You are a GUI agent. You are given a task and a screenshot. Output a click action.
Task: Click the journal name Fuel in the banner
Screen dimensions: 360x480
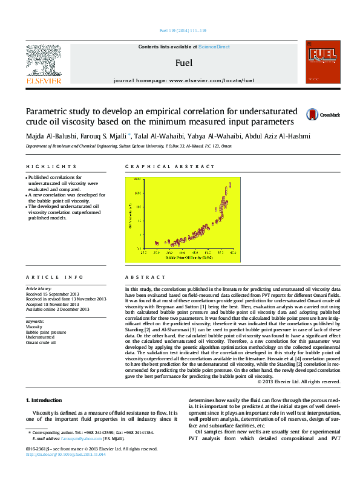[184, 62]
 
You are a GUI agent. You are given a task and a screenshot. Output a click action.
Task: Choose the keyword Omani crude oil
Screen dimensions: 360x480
[41, 342]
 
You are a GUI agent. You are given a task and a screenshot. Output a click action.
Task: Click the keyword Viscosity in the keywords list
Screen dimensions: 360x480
[34, 326]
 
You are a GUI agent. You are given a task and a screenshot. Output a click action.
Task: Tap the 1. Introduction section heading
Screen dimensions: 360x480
[46, 400]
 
